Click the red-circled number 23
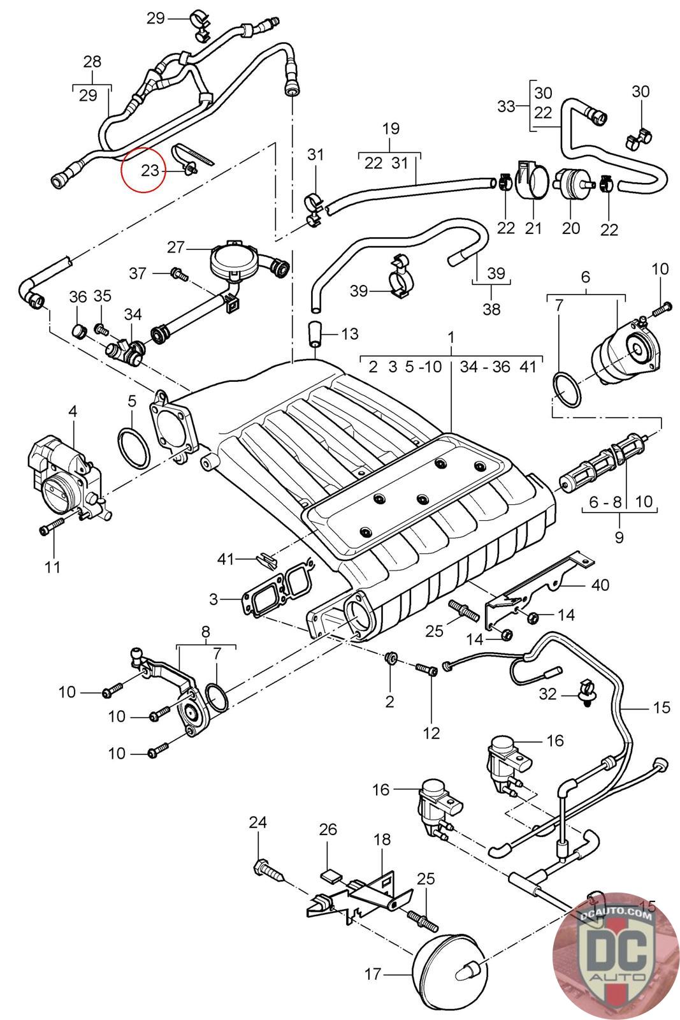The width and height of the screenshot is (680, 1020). tap(150, 170)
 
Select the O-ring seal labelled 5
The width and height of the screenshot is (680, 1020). tap(133, 448)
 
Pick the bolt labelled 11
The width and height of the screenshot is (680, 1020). tap(52, 527)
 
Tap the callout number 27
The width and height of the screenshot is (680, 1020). tap(176, 247)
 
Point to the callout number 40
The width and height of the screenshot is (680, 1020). tap(600, 585)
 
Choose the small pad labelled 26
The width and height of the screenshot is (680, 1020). tap(332, 876)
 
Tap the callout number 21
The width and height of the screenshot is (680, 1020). tap(533, 228)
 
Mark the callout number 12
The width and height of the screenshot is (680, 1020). tap(431, 733)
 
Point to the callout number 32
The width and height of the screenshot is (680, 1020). tap(547, 694)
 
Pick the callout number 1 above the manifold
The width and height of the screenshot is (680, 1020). tap(451, 337)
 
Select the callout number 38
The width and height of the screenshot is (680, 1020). tap(491, 309)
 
